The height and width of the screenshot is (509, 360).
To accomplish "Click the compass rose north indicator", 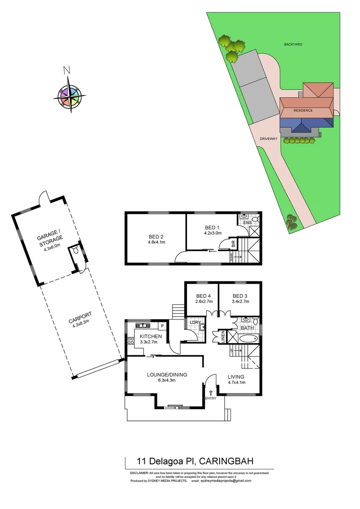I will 67,71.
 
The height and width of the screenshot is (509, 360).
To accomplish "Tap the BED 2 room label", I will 156,237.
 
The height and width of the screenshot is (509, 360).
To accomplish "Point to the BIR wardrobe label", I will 233,244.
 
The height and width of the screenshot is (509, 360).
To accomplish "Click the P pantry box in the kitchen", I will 162,326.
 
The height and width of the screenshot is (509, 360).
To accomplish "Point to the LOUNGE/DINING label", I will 167,375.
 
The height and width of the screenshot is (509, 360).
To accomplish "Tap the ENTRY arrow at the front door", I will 211,393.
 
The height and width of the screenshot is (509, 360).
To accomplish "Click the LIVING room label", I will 236,377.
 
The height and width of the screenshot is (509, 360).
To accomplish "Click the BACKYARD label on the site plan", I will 293,44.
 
